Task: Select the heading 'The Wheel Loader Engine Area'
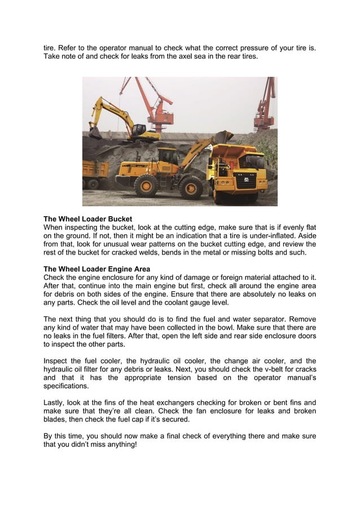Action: pos(97,267)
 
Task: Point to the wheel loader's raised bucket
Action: pos(223,136)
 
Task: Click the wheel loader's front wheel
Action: pos(191,187)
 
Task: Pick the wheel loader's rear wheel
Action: pos(146,185)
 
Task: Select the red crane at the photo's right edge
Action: pos(265,104)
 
